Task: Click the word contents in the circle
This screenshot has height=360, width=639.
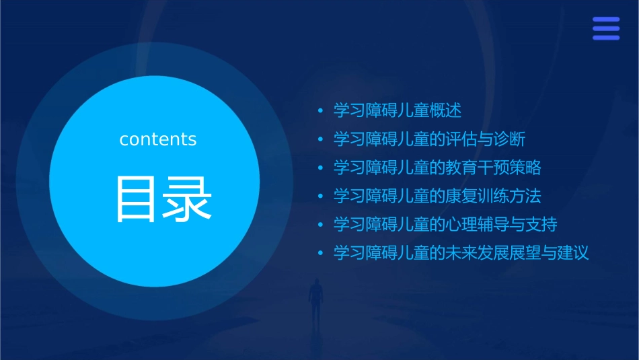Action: point(158,139)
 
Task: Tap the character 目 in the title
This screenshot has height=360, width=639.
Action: point(137,199)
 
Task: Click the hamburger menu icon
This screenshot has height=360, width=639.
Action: point(606,28)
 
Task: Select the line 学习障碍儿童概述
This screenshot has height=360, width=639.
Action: point(398,110)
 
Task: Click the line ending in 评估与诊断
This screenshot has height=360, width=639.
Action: point(429,139)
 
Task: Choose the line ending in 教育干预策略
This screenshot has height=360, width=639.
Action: point(437,168)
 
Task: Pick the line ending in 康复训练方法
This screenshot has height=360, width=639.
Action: point(437,196)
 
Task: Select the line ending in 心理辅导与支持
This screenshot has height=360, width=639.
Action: point(445,224)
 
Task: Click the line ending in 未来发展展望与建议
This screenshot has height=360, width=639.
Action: point(461,253)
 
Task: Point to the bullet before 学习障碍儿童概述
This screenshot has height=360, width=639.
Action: point(321,110)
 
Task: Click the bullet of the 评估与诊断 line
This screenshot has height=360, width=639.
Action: point(321,139)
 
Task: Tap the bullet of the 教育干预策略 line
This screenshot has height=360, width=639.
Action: point(321,168)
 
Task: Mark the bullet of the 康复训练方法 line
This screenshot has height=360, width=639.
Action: point(321,196)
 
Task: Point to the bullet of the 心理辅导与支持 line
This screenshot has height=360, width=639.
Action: point(321,224)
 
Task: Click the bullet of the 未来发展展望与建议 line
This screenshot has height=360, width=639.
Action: point(321,253)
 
